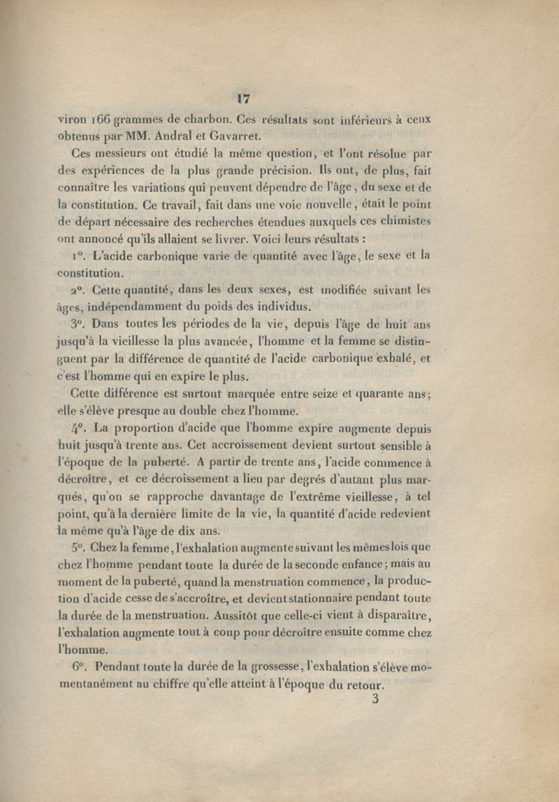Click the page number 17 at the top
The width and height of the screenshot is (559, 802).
click(x=245, y=99)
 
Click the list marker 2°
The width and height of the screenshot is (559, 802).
click(x=78, y=289)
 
